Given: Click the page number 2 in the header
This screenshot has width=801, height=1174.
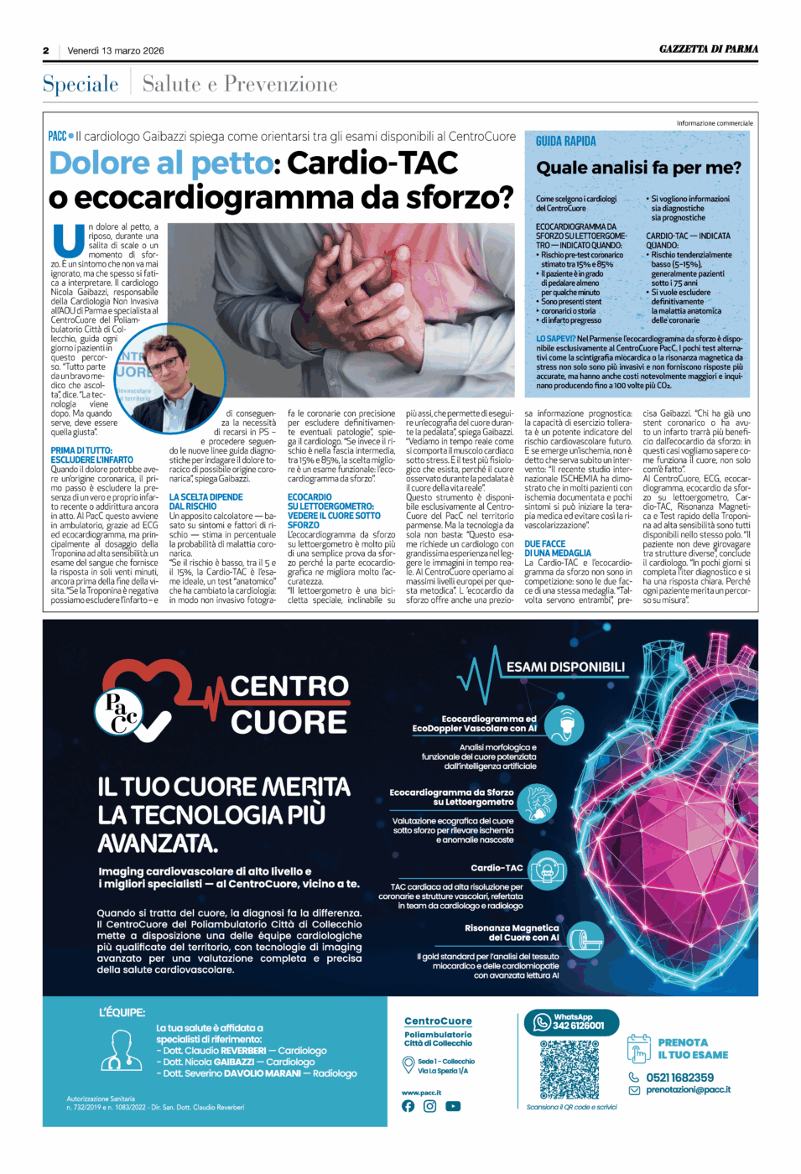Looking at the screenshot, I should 46,51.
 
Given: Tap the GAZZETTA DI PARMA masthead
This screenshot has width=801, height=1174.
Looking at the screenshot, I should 708,49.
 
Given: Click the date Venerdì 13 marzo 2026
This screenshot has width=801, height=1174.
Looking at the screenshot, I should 116,51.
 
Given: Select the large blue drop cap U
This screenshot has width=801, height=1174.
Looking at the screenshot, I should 68,240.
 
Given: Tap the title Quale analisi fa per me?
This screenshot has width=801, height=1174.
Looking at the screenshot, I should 638,168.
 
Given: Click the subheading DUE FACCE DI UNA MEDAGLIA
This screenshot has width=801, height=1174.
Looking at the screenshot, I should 557,548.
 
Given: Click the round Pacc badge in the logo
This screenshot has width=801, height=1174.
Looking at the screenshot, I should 120,713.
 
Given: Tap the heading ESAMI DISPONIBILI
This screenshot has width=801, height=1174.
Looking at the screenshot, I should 565,667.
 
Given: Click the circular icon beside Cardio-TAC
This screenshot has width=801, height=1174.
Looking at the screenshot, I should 549,870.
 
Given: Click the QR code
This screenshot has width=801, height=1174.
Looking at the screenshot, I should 570,1069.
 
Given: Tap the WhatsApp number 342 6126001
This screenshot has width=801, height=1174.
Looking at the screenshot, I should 578,1026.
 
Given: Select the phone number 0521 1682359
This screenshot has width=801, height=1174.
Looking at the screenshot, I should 679,1078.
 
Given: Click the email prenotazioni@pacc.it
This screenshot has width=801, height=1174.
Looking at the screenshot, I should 688,1090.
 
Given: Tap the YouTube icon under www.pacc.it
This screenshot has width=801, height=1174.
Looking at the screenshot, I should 453,1106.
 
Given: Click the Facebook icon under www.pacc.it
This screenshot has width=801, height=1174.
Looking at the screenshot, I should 408,1106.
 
